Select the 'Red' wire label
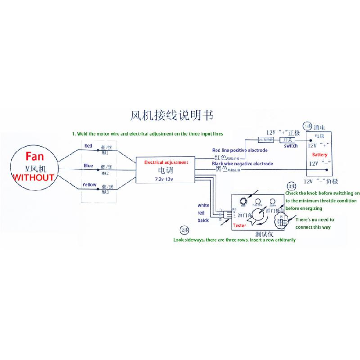pyautogui.click(x=88, y=146)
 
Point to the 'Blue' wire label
pyautogui.click(x=88, y=166)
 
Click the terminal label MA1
pyautogui.click(x=106, y=153)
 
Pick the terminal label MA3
pyautogui.click(x=106, y=192)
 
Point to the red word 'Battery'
pyautogui.click(x=320, y=155)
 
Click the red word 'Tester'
pyautogui.click(x=239, y=225)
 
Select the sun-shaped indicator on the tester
pyautogui.click(x=243, y=200)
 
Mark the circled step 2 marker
pyautogui.click(x=183, y=230)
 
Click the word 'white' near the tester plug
pyautogui.click(x=203, y=206)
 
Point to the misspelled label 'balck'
pyautogui.click(x=203, y=220)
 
